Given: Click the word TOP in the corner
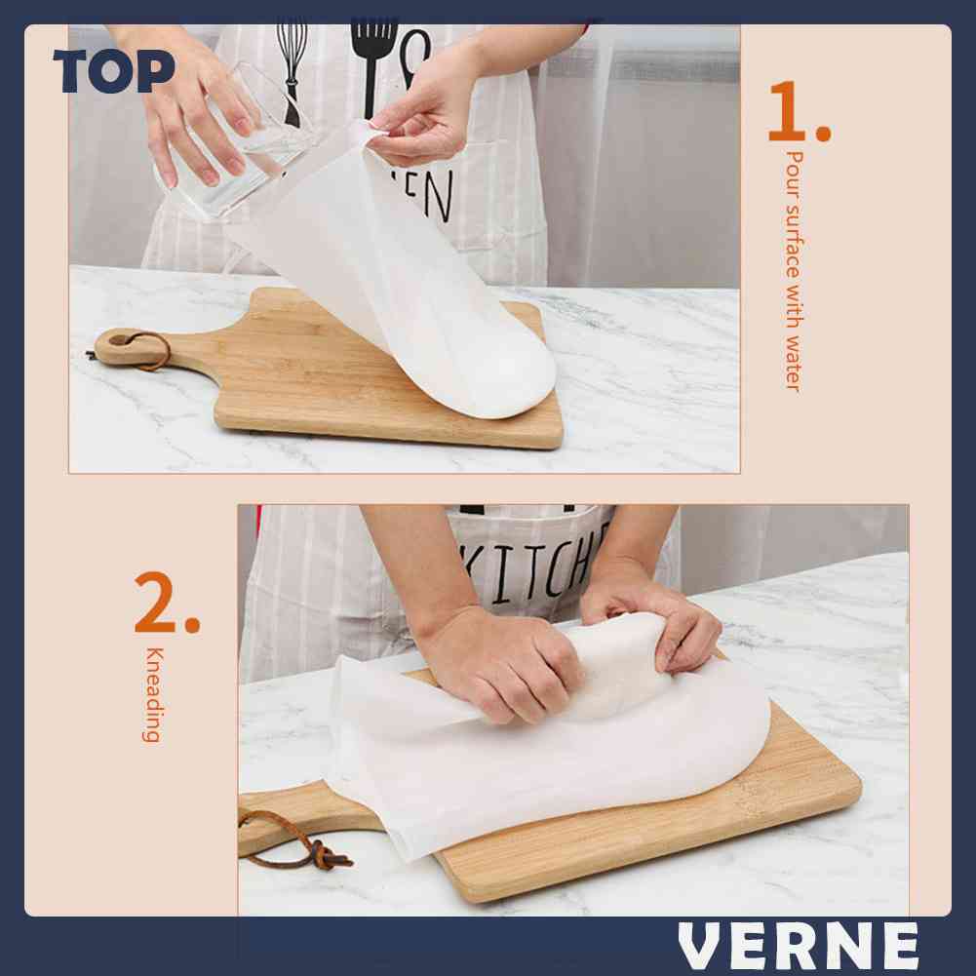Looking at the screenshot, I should pyautogui.click(x=114, y=71).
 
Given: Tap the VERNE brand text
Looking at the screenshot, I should pyautogui.click(x=799, y=946).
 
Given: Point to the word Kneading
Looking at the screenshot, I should pyautogui.click(x=152, y=694).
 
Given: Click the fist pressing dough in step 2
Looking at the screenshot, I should pyautogui.click(x=507, y=663).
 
